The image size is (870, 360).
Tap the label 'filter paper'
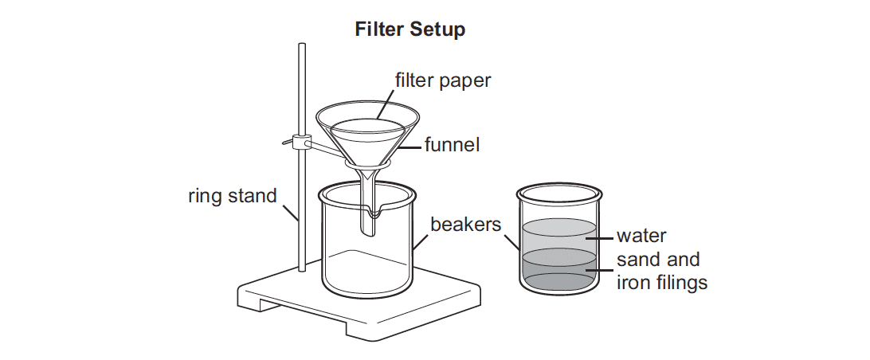(443, 80)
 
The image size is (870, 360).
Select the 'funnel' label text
(452, 145)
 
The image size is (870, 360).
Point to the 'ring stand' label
(232, 196)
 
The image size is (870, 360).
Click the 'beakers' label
(465, 225)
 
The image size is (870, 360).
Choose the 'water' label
(641, 236)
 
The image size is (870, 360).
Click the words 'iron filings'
(662, 283)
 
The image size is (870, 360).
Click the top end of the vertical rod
(303, 45)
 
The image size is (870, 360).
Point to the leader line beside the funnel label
(411, 147)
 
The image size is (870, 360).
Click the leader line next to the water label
(599, 237)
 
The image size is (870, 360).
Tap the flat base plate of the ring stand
(359, 303)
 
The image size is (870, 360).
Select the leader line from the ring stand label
(291, 213)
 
